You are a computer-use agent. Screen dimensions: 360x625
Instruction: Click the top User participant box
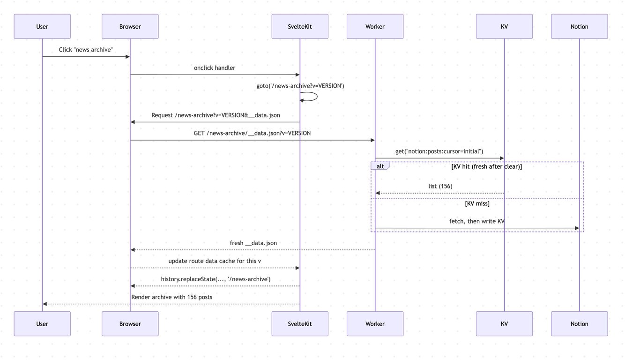point(42,26)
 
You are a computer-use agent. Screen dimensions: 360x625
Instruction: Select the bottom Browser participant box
point(130,323)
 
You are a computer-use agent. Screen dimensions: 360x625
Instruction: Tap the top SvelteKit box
point(300,26)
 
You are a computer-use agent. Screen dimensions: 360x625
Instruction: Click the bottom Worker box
point(375,323)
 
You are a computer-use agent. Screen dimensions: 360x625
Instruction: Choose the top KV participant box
point(504,26)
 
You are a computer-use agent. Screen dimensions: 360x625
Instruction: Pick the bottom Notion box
point(579,323)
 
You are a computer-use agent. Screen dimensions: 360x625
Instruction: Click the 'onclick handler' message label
point(215,68)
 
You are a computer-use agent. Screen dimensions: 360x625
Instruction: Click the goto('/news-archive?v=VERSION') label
point(300,86)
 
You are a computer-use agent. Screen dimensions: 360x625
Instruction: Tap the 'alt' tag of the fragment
point(380,166)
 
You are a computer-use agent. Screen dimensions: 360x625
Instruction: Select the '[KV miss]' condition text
point(477,203)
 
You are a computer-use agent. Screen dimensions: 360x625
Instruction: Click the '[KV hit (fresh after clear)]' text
point(486,166)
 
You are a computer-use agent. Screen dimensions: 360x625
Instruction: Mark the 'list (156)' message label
point(440,186)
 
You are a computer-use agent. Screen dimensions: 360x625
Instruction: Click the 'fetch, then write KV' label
point(476,221)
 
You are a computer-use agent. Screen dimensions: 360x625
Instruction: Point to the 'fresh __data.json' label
point(253,243)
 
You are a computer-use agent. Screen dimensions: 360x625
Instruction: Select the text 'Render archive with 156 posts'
point(171,297)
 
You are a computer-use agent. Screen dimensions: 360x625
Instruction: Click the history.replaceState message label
point(216,279)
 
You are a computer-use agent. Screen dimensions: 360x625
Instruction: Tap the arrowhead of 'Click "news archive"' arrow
point(127,57)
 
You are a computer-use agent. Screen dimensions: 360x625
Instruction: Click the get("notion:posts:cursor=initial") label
point(439,151)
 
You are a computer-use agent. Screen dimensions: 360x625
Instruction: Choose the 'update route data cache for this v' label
point(215,261)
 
